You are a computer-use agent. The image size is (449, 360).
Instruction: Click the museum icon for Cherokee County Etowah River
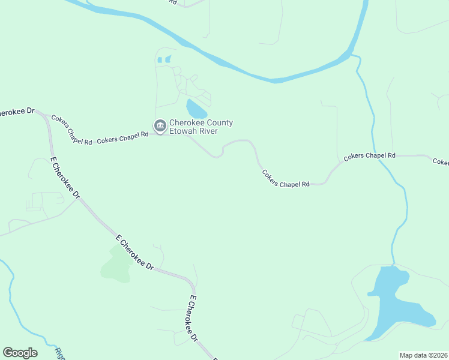pyautogui.click(x=160, y=125)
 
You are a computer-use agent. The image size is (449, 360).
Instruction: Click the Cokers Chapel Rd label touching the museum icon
pyautogui.click(x=122, y=137)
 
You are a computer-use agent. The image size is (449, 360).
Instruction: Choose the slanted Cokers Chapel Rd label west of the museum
pyautogui.click(x=71, y=130)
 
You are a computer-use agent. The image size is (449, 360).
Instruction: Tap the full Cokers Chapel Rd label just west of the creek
pyautogui.click(x=370, y=156)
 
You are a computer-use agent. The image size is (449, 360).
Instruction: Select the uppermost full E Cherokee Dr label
pyautogui.click(x=65, y=178)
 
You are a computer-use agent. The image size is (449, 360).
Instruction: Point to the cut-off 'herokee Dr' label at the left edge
pyautogui.click(x=17, y=112)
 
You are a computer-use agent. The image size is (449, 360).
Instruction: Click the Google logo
pyautogui.click(x=20, y=353)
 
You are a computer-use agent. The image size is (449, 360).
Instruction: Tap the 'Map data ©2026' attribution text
pyautogui.click(x=423, y=355)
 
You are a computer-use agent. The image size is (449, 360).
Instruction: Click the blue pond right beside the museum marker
pyautogui.click(x=196, y=109)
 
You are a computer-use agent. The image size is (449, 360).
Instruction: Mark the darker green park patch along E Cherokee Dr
pyautogui.click(x=116, y=265)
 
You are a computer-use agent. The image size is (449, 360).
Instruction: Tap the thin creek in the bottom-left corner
pyautogui.click(x=18, y=312)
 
